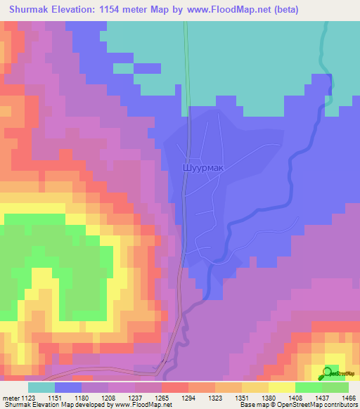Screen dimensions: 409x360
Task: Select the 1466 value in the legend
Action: click(347, 398)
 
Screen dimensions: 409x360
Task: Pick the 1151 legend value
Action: click(54, 398)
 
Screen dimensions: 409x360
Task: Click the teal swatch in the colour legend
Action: click(41, 387)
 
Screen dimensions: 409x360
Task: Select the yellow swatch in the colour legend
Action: click(282, 387)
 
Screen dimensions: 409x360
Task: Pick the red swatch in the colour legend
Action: click(175, 387)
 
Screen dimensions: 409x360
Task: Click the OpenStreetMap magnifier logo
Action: click(329, 372)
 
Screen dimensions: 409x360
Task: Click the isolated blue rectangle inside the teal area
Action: click(147, 68)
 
